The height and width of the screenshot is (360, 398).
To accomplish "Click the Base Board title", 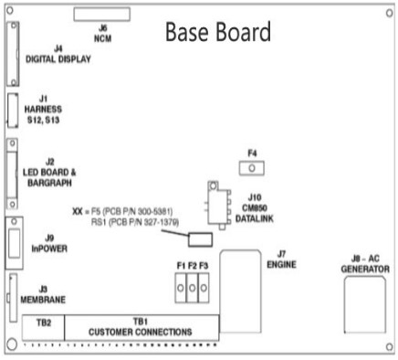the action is point(218,32).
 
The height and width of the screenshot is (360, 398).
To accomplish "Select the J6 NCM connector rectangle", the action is point(102,15).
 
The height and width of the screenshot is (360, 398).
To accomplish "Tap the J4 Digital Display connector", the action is point(13,54).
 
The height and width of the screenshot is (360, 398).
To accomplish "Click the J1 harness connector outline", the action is point(13,111).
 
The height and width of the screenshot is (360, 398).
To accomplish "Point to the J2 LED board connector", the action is point(12,174).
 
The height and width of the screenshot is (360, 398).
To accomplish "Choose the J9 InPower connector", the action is point(14,243).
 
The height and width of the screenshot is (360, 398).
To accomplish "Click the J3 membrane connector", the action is point(13,298).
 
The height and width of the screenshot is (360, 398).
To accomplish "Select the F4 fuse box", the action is point(252,168).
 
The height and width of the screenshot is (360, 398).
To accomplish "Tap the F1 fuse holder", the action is point(181,288).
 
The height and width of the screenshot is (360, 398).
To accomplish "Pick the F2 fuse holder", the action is point(192,288).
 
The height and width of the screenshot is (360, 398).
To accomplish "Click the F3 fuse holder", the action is point(204,288).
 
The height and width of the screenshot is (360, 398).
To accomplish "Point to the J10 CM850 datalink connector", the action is point(218,205).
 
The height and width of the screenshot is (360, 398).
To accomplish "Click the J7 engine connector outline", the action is point(240,291).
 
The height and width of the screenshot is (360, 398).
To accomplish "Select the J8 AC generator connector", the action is point(365,304).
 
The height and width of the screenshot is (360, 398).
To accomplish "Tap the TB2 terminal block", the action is point(43,328).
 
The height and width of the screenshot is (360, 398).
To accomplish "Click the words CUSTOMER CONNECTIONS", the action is point(141,332).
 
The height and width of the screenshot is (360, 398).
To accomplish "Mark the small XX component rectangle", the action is point(200,239).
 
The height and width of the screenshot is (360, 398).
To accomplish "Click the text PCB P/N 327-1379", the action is point(144,223).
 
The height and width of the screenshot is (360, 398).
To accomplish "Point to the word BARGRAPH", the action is point(50,183).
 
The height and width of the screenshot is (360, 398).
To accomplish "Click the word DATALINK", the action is point(255,218).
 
